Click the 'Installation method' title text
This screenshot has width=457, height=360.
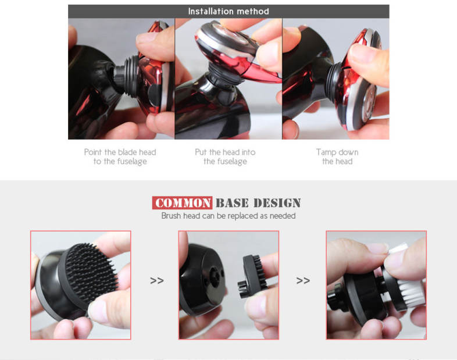[x=228, y=12]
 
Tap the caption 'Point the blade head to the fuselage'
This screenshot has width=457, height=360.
[x=120, y=157]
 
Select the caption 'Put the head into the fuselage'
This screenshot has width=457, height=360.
[x=225, y=157]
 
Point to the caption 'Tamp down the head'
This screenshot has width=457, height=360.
[x=337, y=157]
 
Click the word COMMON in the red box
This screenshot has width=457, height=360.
[x=183, y=203]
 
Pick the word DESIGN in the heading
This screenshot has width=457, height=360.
[x=277, y=203]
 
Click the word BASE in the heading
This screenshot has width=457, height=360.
[x=232, y=203]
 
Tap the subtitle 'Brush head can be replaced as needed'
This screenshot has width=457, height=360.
[x=228, y=216]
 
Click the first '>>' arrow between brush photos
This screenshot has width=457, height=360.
[x=157, y=280]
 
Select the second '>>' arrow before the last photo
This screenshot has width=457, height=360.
[x=303, y=280]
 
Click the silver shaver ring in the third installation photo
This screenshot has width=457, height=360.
[x=362, y=96]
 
